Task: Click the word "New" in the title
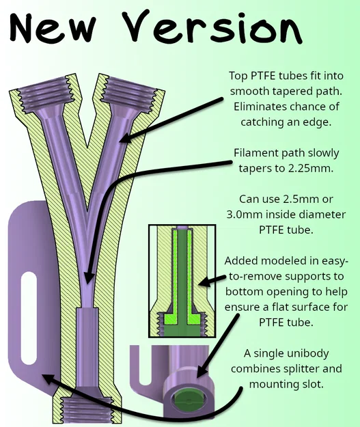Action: click(53, 27)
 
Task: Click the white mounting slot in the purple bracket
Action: click(29, 318)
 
